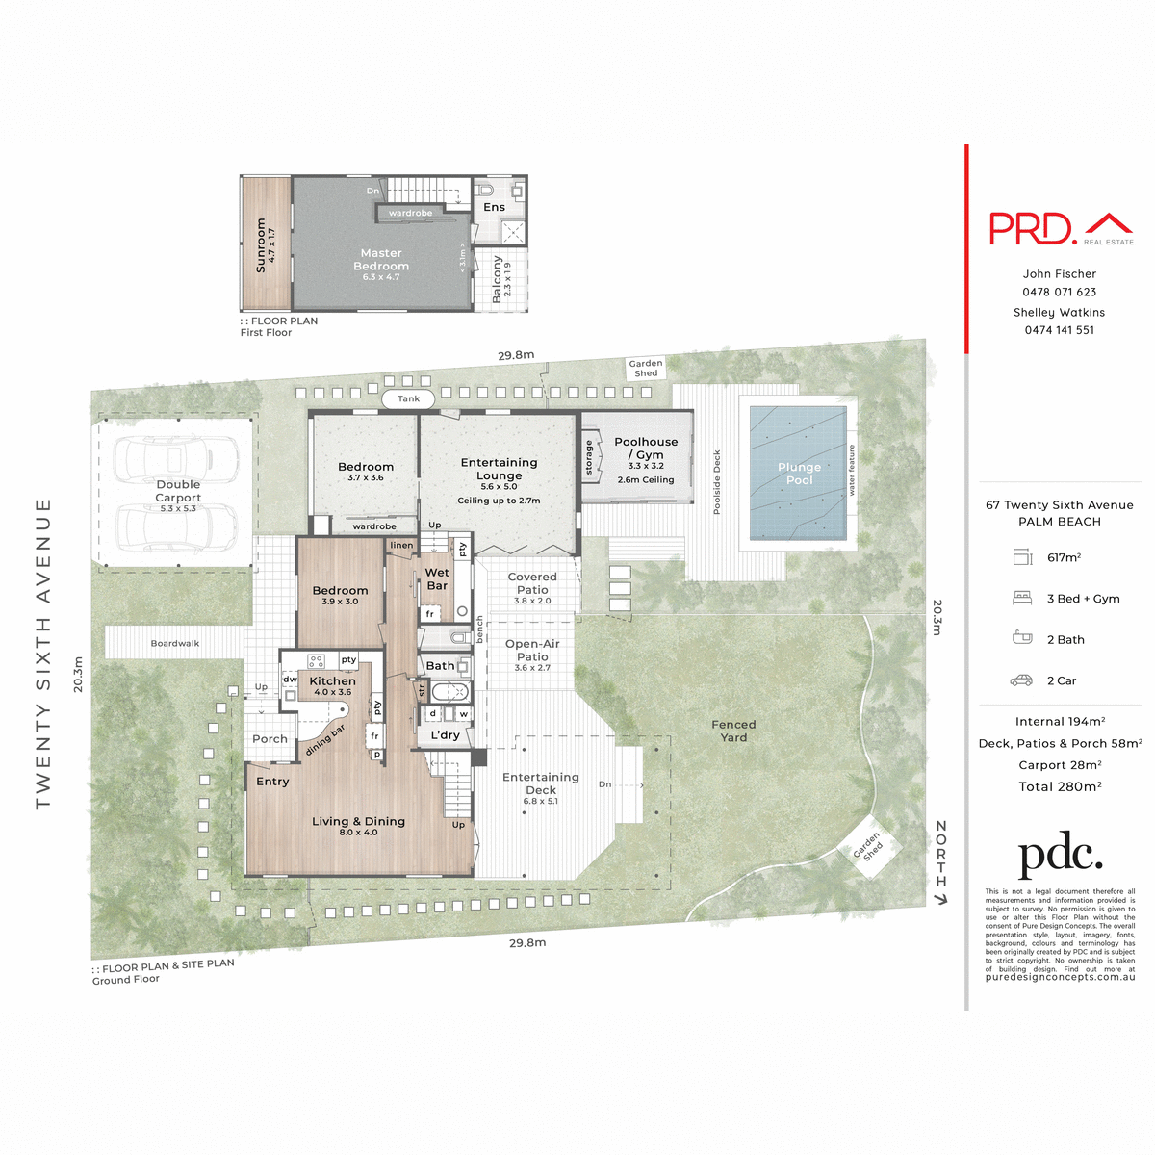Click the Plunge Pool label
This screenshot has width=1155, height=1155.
click(799, 474)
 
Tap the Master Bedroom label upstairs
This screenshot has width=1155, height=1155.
click(381, 260)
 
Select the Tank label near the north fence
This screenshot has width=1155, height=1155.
click(408, 398)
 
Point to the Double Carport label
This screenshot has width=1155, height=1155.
click(178, 491)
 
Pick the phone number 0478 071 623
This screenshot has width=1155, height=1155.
click(1059, 292)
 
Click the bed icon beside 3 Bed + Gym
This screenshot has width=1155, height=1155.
click(1021, 599)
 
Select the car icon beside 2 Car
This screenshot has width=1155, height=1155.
click(1021, 680)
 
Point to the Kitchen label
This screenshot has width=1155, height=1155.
click(332, 680)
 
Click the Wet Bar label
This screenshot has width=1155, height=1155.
click(437, 578)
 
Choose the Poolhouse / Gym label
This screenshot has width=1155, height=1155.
click(646, 449)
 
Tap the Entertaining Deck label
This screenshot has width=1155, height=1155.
click(541, 783)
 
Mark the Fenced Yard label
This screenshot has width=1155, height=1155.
click(733, 731)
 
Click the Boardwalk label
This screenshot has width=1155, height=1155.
click(175, 643)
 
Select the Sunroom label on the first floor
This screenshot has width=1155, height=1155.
click(261, 244)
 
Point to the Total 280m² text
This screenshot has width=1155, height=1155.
click(1060, 786)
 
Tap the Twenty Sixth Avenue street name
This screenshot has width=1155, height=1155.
click(43, 654)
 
